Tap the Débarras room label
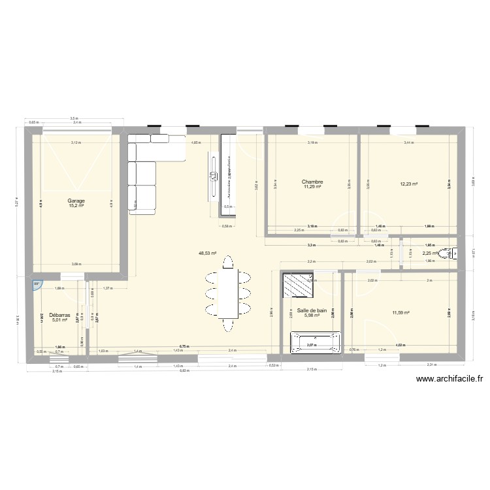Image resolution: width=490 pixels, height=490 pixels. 59,314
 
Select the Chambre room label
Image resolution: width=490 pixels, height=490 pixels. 312,182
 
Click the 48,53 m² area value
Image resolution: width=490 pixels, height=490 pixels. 208,252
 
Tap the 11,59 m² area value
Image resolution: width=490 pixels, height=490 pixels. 400,312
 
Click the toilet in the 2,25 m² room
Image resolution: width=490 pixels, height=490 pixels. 448,254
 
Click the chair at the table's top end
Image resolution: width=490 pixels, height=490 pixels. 227,261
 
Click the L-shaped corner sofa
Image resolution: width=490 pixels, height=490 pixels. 147,167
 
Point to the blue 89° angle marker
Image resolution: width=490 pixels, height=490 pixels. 37,284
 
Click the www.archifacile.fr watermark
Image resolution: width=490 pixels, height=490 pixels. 448,378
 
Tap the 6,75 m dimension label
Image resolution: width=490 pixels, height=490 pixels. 184,348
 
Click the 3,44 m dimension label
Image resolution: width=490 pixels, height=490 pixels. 409,142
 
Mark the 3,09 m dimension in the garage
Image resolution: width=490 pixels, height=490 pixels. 77,264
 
